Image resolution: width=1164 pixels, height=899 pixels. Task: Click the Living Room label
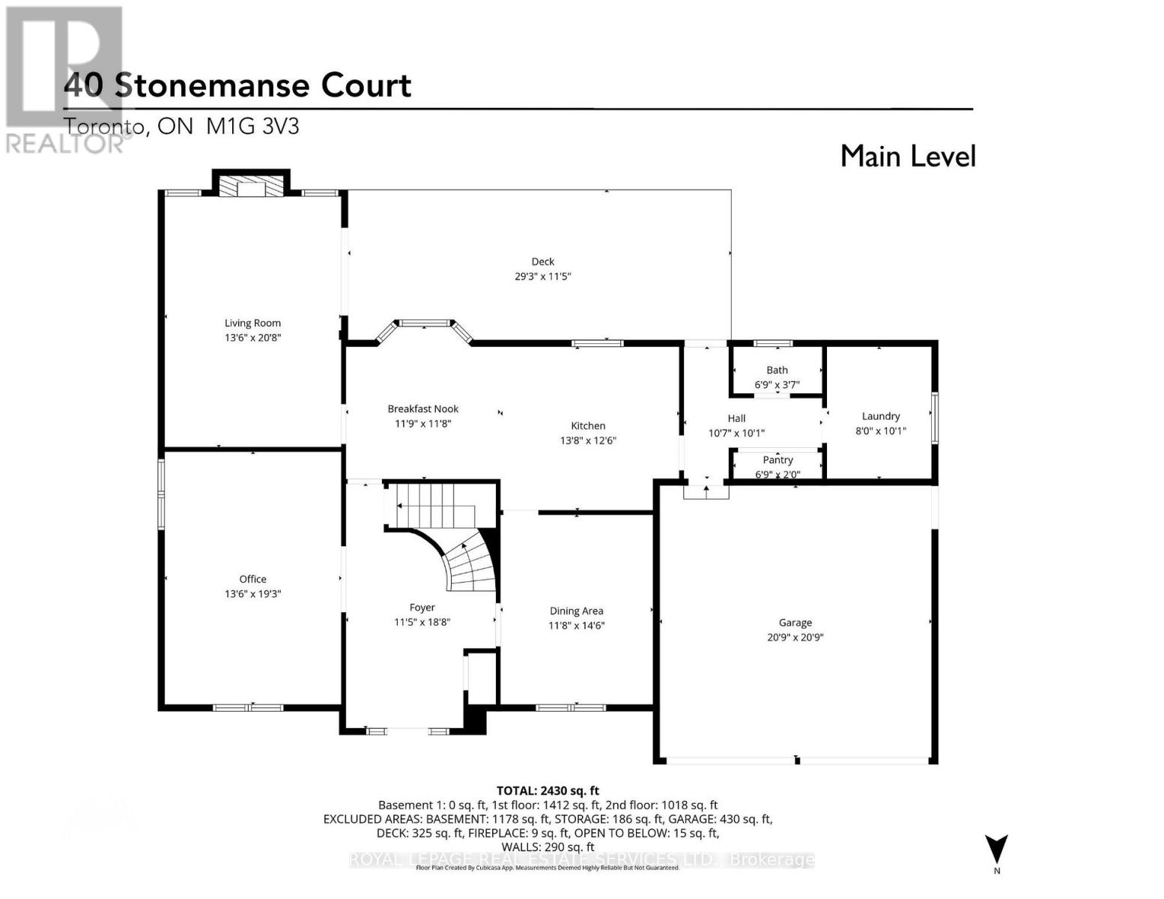252,323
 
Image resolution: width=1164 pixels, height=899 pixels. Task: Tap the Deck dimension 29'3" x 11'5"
542,276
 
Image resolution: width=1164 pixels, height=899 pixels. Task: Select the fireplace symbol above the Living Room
251,187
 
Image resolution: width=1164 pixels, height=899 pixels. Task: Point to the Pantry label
777,460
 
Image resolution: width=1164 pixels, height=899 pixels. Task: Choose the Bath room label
777,370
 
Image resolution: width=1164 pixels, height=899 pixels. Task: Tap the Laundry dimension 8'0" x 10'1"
881,431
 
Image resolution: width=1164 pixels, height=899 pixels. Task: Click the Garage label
795,623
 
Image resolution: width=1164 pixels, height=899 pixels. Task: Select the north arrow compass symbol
996,851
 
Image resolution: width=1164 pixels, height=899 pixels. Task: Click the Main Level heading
908,156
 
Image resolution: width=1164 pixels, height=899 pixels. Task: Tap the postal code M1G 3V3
252,126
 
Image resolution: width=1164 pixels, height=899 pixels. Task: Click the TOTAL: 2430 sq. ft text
548,790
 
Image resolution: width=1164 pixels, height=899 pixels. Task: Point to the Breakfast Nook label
422,409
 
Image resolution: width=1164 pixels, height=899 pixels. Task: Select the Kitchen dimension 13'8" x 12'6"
588,441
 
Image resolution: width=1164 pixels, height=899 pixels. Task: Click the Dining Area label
576,611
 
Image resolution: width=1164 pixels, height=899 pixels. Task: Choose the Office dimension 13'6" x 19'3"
252,593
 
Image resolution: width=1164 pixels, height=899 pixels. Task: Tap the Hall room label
736,418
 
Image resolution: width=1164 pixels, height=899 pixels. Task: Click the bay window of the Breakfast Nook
424,324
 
